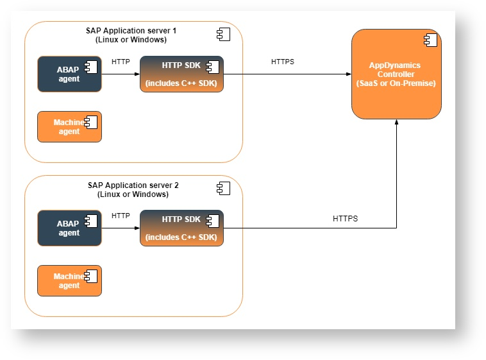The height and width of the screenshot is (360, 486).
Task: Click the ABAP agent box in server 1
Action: (69, 74)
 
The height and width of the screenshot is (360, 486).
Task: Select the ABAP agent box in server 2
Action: (69, 228)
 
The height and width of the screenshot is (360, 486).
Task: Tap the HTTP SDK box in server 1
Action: (181, 74)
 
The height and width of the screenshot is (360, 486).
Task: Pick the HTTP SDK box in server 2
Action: (181, 228)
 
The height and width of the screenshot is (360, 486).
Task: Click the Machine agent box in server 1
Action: (69, 126)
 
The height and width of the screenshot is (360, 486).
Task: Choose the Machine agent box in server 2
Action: (69, 280)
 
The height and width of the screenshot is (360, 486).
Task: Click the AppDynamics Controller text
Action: (396, 74)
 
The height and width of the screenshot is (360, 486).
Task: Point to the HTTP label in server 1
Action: (121, 62)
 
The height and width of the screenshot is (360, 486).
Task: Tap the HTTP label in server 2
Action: (121, 216)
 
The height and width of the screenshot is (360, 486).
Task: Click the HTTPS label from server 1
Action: (283, 62)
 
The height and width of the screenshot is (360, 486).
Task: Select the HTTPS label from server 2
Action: (346, 219)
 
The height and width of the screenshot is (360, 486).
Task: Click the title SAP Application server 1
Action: (131, 31)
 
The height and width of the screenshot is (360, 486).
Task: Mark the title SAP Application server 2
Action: (133, 185)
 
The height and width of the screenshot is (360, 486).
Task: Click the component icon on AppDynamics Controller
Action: (430, 40)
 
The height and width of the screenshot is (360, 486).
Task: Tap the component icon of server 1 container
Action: (224, 34)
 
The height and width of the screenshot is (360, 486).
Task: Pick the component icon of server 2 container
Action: (224, 188)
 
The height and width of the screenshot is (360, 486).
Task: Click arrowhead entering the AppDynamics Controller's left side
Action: (349, 74)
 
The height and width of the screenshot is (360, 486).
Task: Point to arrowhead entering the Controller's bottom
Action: (396, 122)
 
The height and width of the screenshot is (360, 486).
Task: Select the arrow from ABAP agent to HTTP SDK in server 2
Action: (121, 228)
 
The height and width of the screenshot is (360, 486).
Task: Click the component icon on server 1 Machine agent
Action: (91, 123)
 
